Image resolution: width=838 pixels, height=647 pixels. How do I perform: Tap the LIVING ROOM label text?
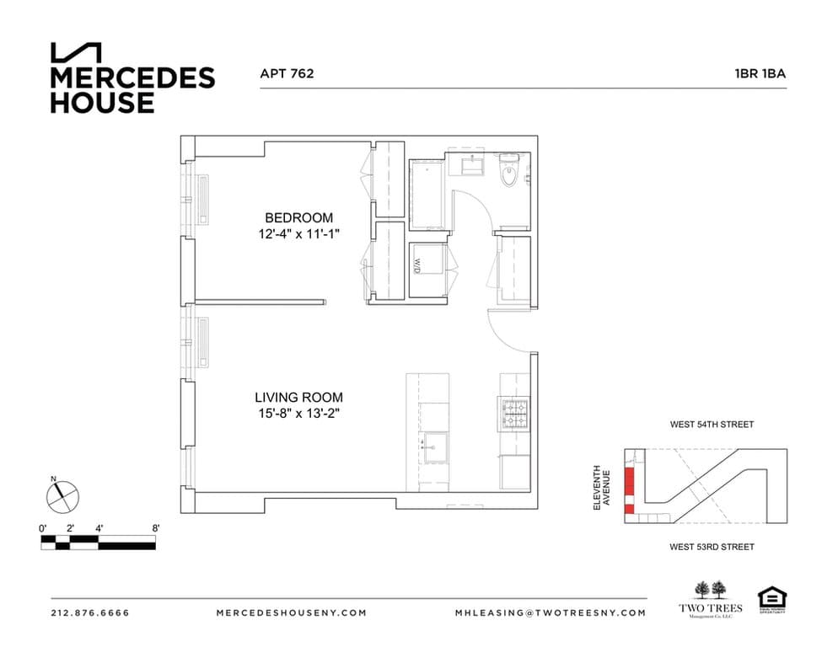point(298,398)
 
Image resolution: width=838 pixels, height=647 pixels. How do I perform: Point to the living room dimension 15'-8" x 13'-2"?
point(298,414)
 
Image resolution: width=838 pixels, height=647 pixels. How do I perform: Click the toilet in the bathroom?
point(511,174)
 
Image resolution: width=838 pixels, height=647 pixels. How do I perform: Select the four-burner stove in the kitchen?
point(514,414)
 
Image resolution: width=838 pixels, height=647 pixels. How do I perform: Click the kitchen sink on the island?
point(435,443)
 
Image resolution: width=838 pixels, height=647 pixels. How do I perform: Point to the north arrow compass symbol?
point(62,496)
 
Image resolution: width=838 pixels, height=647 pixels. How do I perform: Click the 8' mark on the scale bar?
point(156,528)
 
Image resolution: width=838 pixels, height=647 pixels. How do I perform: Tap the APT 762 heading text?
point(287,73)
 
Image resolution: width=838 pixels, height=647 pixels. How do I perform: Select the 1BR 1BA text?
point(760,73)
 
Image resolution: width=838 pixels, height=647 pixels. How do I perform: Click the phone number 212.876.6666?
point(90,612)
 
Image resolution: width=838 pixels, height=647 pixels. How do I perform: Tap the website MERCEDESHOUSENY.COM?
point(291,612)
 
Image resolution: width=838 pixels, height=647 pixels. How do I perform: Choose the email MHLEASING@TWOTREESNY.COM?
point(551,612)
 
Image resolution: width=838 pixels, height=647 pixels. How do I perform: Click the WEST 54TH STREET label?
point(712,425)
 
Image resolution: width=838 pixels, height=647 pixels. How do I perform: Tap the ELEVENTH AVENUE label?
point(604,486)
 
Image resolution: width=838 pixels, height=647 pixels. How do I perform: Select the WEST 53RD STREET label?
point(712,547)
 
